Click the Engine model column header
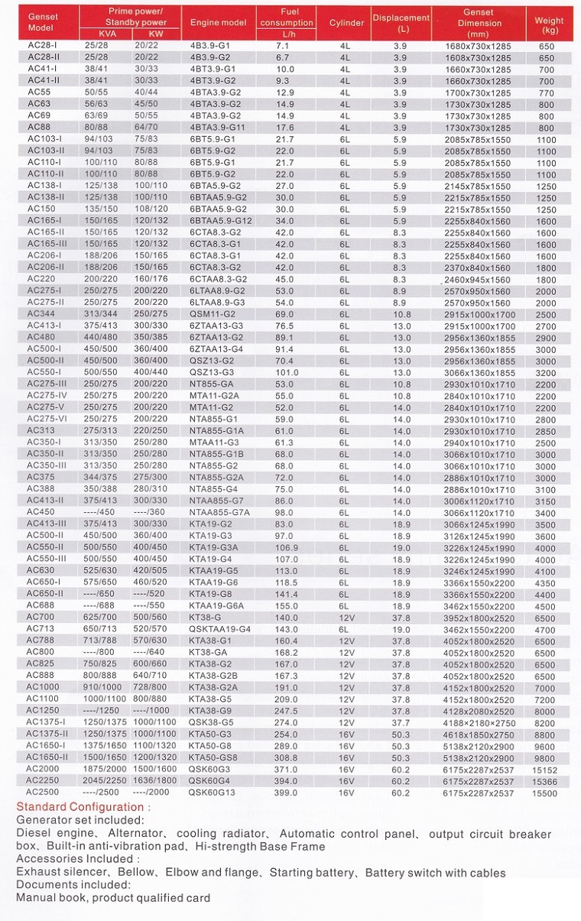point(218,22)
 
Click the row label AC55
point(39,92)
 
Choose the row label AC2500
point(43,793)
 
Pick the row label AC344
point(41,314)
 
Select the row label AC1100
point(43,699)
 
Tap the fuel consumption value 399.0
point(285,793)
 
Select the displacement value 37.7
point(401,723)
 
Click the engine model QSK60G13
point(212,793)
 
